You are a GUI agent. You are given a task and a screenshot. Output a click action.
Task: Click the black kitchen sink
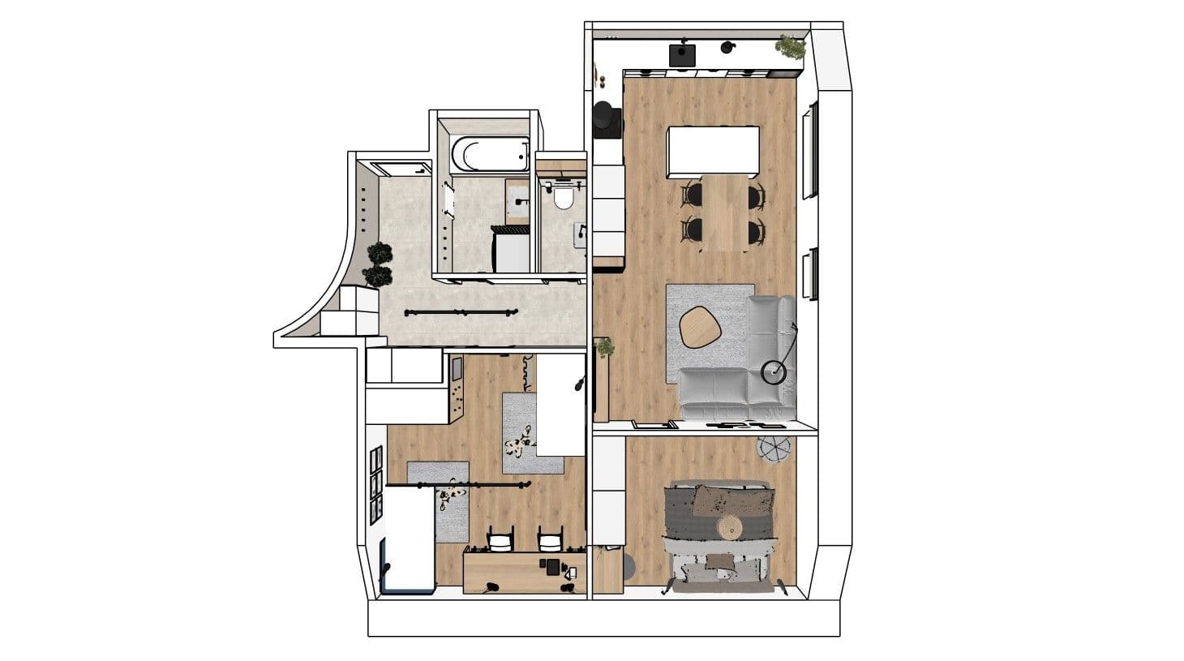coord(682,54)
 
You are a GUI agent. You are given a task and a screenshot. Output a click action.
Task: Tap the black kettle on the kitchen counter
coord(727,47)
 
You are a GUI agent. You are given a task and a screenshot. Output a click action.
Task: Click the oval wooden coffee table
coord(700,326)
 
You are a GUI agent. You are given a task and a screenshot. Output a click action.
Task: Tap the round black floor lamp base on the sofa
coord(774,372)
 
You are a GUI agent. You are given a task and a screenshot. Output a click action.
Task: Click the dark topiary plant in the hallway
coord(378,264)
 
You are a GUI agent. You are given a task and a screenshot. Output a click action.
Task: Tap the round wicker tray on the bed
coord(731,528)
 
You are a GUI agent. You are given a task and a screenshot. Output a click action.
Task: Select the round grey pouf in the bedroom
coord(773,448)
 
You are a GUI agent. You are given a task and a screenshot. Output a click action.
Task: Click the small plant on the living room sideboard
coord(605,348)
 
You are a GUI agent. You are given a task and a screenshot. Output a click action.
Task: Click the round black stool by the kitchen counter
coord(605,116)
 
